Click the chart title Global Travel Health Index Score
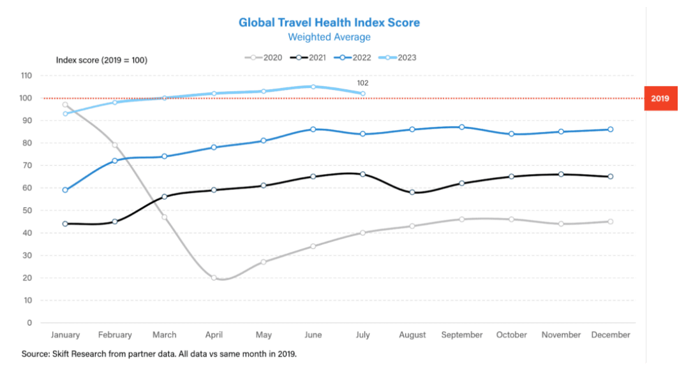(329, 22)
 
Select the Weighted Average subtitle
(329, 37)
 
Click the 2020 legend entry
(264, 57)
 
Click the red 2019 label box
(660, 98)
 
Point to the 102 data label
(362, 83)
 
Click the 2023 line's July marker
(362, 94)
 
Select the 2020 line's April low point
(214, 278)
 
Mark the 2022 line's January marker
(65, 190)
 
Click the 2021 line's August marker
(412, 192)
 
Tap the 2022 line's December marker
(610, 129)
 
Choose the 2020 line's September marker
(461, 219)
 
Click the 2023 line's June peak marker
(313, 87)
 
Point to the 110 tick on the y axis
(26, 75)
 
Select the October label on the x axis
(511, 335)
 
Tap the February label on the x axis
(115, 335)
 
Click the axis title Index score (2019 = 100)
(101, 60)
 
